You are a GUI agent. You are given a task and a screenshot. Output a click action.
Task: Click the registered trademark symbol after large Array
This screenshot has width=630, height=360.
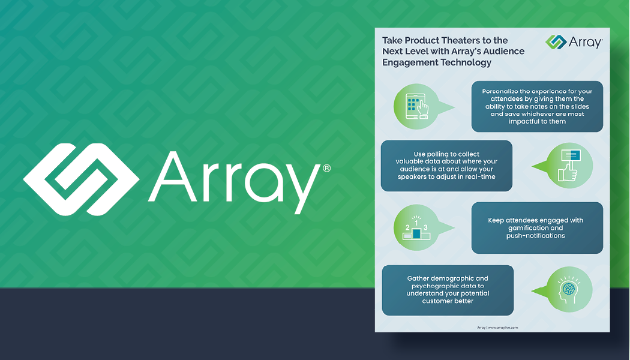326,169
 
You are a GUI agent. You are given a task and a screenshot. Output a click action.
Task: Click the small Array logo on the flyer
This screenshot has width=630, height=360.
574,42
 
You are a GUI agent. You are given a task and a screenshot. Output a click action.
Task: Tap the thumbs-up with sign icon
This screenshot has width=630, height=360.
569,165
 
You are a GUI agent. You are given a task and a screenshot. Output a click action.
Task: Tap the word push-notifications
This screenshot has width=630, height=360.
535,236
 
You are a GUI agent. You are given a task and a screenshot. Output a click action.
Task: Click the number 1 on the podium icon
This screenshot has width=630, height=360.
416,223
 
